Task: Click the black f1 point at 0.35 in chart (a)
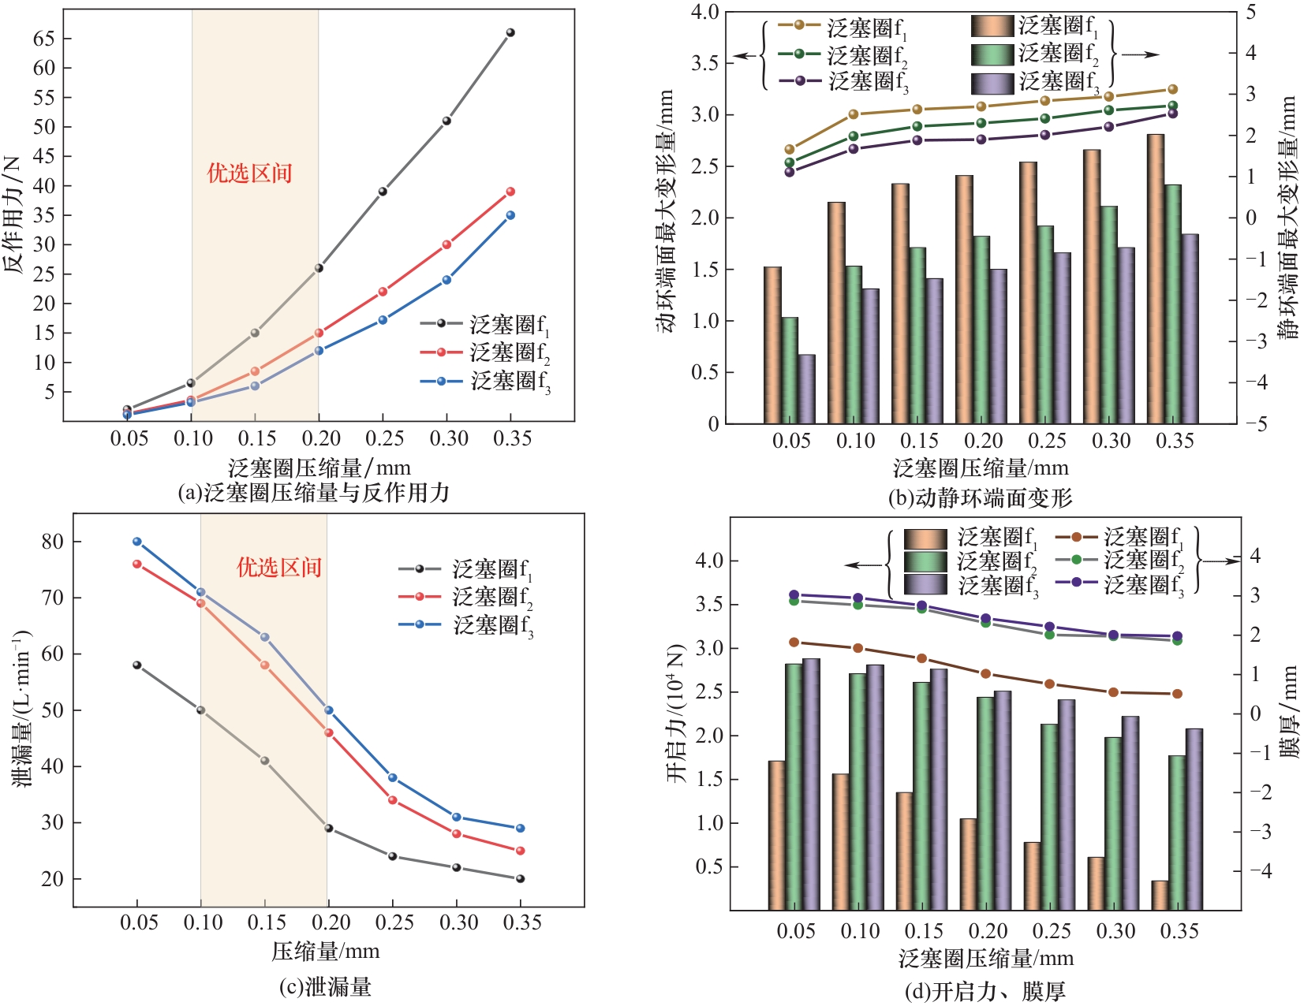(x=510, y=32)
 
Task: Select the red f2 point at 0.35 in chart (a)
(x=510, y=192)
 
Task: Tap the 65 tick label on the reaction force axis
(x=43, y=39)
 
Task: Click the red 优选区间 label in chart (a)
(x=249, y=173)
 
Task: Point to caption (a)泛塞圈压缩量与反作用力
(x=314, y=494)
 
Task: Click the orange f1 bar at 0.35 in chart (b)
(x=1156, y=279)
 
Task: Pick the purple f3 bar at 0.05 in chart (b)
(x=807, y=389)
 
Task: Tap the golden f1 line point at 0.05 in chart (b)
(x=790, y=149)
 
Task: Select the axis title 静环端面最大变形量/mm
(x=1289, y=218)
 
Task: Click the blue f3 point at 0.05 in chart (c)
(x=137, y=542)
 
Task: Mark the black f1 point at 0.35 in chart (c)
(x=520, y=878)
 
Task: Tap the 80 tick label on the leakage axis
(x=52, y=542)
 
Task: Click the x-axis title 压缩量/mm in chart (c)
(x=326, y=952)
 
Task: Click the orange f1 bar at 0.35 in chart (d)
(x=1160, y=895)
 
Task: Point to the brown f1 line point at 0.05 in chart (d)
(x=794, y=643)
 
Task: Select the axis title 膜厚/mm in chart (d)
(x=1289, y=711)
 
